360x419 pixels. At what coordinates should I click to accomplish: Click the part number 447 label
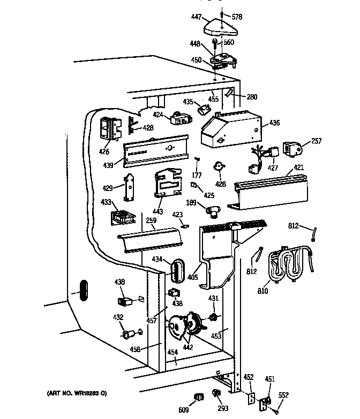point(196,17)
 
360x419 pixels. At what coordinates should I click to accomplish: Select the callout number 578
point(237,17)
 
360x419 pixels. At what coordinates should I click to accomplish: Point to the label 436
point(274,123)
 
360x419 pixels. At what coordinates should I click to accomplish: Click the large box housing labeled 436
point(231,129)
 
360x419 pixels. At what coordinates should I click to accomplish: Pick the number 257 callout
point(316,141)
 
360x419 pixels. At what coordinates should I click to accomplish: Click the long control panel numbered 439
point(156,151)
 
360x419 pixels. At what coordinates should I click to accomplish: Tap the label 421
point(299,167)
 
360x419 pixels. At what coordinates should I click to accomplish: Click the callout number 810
point(262,291)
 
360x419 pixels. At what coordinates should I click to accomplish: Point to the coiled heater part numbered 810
point(290,264)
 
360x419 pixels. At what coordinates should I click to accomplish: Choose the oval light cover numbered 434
point(178,271)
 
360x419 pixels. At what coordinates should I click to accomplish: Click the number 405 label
point(192,277)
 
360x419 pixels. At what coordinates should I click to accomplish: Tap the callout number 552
point(283,395)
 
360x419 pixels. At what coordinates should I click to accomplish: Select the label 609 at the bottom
point(183,410)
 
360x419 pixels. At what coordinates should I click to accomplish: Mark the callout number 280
point(252,97)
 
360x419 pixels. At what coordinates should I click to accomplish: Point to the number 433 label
point(106,202)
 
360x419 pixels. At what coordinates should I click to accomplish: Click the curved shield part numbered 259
point(151,240)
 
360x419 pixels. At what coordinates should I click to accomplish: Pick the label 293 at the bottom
point(223,408)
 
